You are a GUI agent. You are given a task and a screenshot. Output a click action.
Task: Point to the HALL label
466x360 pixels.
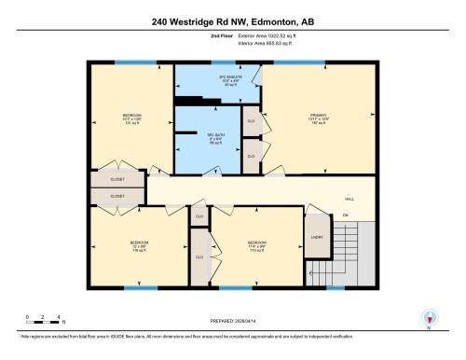click(x=349, y=200)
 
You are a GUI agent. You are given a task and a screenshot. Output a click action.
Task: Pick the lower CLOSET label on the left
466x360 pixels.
click(x=117, y=196)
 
